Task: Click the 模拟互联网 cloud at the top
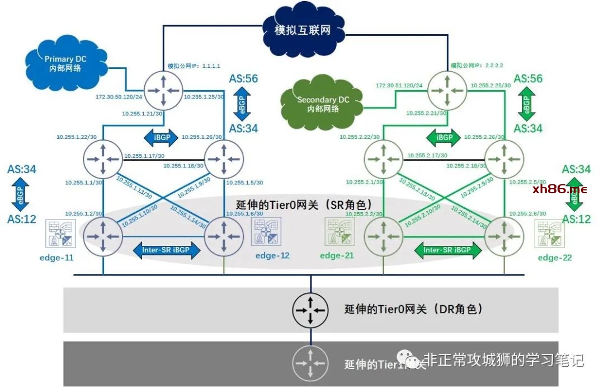[303, 29]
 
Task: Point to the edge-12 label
[272, 256]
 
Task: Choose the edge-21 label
[338, 256]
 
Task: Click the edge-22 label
[556, 258]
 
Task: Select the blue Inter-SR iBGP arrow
[167, 250]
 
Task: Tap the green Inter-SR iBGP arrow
[447, 250]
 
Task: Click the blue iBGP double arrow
[162, 137]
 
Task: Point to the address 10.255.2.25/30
[490, 85]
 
